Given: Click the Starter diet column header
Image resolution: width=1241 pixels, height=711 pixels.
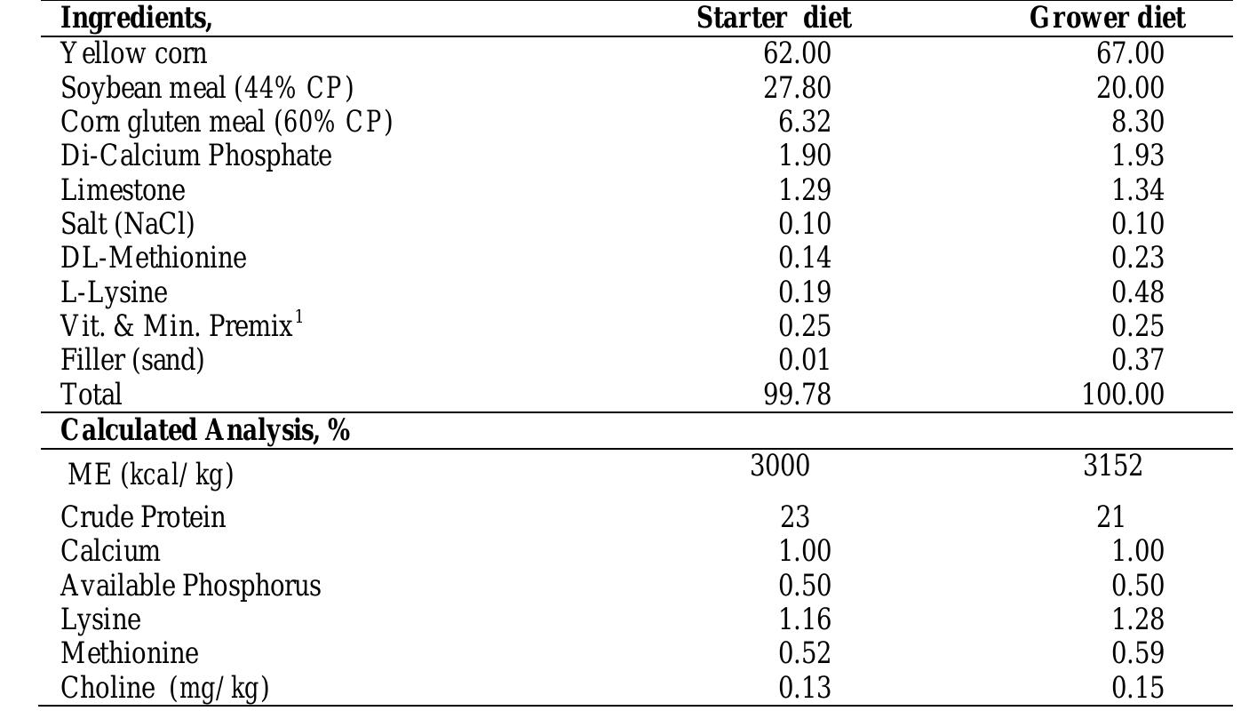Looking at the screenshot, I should pyautogui.click(x=773, y=18).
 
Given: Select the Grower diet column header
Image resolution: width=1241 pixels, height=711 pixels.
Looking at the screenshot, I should pyautogui.click(x=1107, y=18).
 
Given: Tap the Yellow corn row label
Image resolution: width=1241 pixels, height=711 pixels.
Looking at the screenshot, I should pyautogui.click(x=134, y=53).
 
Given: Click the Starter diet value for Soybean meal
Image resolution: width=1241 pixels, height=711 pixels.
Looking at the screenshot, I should pyautogui.click(x=797, y=88).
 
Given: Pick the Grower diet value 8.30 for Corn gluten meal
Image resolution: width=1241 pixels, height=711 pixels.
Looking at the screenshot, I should pyautogui.click(x=1137, y=122).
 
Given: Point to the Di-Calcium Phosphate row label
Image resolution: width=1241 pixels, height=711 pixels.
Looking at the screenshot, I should pyautogui.click(x=196, y=156).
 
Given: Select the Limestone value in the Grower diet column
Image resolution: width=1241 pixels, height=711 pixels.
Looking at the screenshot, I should pyautogui.click(x=1137, y=190).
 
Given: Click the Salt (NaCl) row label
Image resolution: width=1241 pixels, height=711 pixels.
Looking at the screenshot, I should pyautogui.click(x=128, y=224).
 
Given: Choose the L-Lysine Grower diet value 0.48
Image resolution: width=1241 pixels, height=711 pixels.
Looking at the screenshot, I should pyautogui.click(x=1137, y=292).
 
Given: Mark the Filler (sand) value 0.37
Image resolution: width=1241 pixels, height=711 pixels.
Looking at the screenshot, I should pyautogui.click(x=1137, y=360).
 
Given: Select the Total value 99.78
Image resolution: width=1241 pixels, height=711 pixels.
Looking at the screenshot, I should pyautogui.click(x=797, y=394).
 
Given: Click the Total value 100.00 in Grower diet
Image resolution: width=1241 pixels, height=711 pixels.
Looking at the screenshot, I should pyautogui.click(x=1123, y=394).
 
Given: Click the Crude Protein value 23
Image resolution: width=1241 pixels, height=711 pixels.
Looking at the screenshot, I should pyautogui.click(x=796, y=516).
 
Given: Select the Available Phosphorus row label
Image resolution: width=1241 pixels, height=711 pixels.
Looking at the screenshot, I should pyautogui.click(x=191, y=586).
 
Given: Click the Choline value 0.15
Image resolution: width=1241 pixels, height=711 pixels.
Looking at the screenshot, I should pyautogui.click(x=1137, y=688).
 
